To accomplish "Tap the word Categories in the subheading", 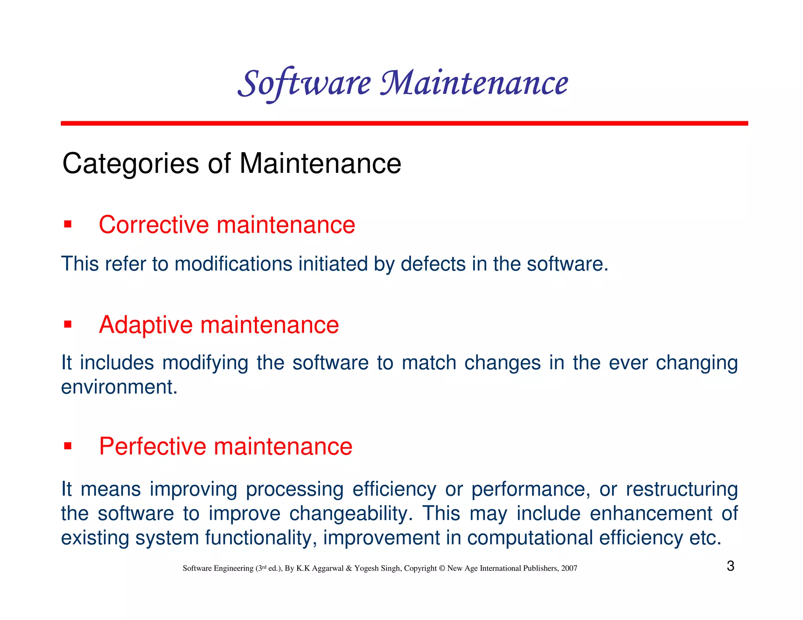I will click(131, 164).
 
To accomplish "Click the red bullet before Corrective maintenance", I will click(68, 225).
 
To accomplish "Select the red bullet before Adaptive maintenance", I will click(68, 325).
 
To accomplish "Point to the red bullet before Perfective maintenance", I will click(68, 446).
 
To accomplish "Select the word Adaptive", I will click(146, 325).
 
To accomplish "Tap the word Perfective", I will click(153, 446).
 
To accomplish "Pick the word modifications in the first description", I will click(233, 264).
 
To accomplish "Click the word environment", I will click(119, 387).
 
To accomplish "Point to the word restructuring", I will click(681, 489).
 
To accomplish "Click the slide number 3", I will click(730, 566).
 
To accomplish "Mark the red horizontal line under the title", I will click(404, 123).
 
